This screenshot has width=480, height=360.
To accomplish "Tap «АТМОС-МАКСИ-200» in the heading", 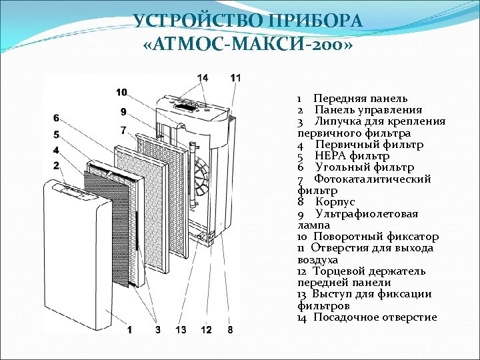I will (x=247, y=46).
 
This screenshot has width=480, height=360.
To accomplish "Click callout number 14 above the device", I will (x=203, y=78).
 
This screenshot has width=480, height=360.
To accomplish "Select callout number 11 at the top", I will (x=235, y=78).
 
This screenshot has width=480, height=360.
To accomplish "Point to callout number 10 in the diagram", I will (x=121, y=92).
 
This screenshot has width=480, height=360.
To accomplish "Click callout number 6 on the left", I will (x=57, y=118).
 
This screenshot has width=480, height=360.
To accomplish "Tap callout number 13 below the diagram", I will (x=181, y=329).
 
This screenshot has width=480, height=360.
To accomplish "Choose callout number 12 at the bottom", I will (x=206, y=329).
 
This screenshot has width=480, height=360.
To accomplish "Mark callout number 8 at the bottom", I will (x=230, y=329).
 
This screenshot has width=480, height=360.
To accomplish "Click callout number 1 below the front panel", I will (x=129, y=329).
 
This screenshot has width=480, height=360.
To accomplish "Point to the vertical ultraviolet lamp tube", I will (x=191, y=177).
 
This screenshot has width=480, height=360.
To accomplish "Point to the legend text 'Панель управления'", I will (x=368, y=110).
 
